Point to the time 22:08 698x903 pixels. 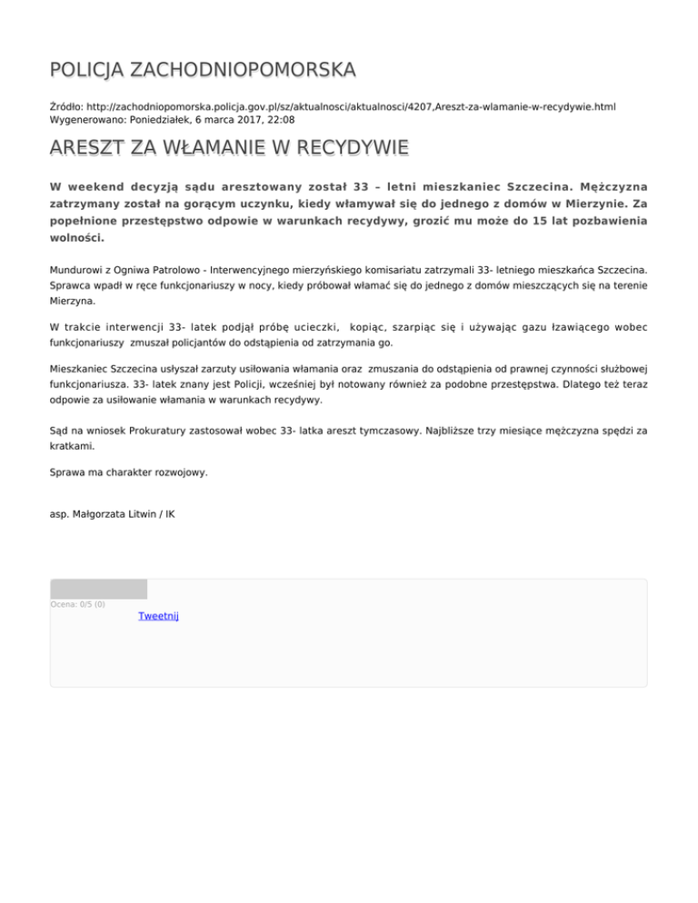pos(282,119)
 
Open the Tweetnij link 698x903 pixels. pos(158,616)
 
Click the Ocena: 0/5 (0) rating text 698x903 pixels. pos(77,604)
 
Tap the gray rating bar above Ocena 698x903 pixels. pos(98,589)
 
